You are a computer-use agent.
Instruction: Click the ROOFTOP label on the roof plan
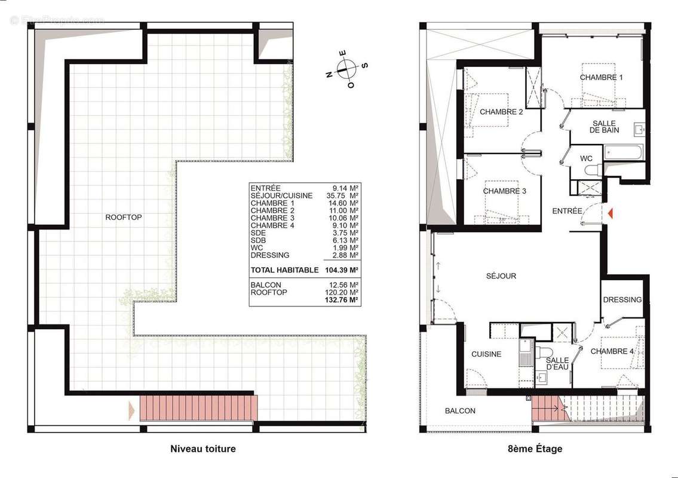click(x=124, y=217)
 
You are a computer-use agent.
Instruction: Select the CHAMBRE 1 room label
click(x=601, y=78)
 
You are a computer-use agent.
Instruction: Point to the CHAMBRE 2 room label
click(x=501, y=112)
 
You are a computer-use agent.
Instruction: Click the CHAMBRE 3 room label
click(x=504, y=191)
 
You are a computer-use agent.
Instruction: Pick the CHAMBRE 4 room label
click(x=612, y=351)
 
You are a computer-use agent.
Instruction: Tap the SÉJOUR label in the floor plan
click(x=501, y=276)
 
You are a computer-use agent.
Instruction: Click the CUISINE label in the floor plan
click(x=486, y=354)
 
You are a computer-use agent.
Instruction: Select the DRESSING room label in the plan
click(x=622, y=300)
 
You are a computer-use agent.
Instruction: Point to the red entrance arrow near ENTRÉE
click(x=610, y=213)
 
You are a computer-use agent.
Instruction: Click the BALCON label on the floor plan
click(x=460, y=411)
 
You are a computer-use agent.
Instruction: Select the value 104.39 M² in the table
click(x=341, y=270)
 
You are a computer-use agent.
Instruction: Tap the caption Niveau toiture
click(x=203, y=449)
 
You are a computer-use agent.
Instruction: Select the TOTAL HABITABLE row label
click(x=284, y=270)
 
